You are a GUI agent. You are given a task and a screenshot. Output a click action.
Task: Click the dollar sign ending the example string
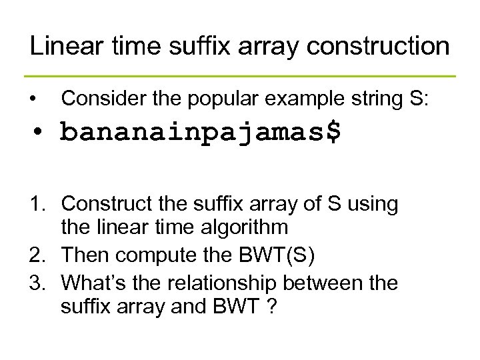tap(333, 131)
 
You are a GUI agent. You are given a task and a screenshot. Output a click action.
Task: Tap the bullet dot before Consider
tap(33, 100)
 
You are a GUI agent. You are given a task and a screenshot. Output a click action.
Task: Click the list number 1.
tap(39, 205)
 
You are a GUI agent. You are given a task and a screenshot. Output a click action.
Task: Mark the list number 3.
tap(39, 283)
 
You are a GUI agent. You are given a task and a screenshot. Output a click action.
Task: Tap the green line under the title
tap(240, 76)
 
